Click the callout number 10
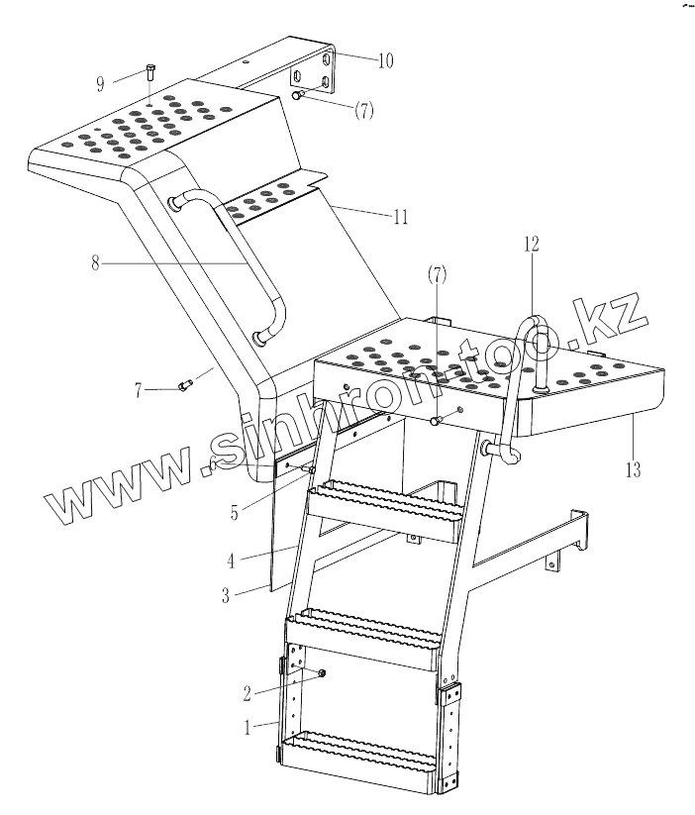pyautogui.click(x=384, y=60)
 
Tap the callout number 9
pyautogui.click(x=100, y=83)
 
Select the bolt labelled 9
pyautogui.click(x=149, y=72)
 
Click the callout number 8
pyautogui.click(x=95, y=264)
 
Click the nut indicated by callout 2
pyautogui.click(x=323, y=674)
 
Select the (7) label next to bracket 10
pyautogui.click(x=363, y=111)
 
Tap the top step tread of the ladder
pyautogui.click(x=387, y=494)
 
